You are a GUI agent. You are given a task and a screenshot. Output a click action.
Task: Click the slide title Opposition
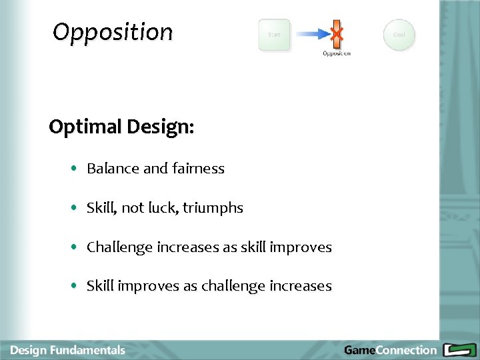click(113, 32)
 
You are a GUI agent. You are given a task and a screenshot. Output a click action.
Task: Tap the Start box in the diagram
click(274, 35)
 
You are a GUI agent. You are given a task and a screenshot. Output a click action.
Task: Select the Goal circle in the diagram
click(399, 35)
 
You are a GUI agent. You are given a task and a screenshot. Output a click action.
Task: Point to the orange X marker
click(337, 33)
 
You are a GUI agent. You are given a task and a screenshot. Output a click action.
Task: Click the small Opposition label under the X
click(337, 53)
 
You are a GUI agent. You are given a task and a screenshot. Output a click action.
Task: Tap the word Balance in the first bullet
click(113, 169)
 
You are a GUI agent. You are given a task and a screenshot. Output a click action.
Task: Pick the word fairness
click(198, 169)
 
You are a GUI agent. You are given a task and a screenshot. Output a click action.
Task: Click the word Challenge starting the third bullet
click(119, 247)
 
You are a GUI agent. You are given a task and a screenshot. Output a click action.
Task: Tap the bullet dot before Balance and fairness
click(74, 169)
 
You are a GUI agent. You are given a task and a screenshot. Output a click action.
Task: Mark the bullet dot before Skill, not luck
click(74, 209)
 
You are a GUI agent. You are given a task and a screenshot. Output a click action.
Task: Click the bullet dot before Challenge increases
click(74, 247)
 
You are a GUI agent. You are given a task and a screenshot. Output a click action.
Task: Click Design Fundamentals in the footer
click(68, 350)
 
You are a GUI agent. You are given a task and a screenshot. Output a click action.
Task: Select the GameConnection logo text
click(390, 350)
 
